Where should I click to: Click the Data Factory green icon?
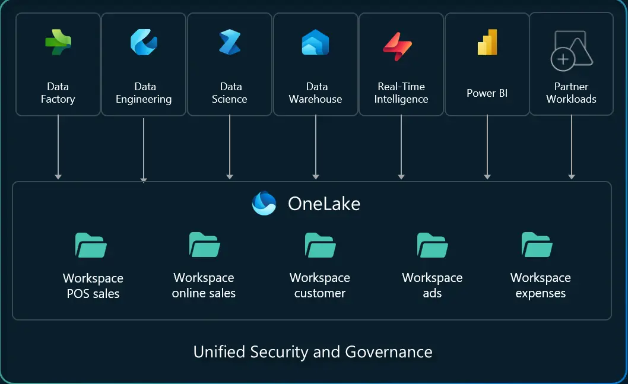coord(58,43)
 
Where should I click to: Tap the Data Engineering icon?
coord(144,42)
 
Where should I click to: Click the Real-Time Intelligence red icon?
coord(397,46)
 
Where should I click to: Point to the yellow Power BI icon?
coord(487,42)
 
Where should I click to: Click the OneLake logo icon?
coord(264,204)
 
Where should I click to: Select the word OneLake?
coord(324,204)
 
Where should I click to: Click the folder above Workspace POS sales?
coord(91,245)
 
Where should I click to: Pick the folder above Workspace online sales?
coord(205,245)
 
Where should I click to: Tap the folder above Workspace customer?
coord(321,245)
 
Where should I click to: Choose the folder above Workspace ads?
coord(432,245)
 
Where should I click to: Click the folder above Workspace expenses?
coord(537,245)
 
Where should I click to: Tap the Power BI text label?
coord(487,93)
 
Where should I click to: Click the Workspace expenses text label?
coord(541,285)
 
